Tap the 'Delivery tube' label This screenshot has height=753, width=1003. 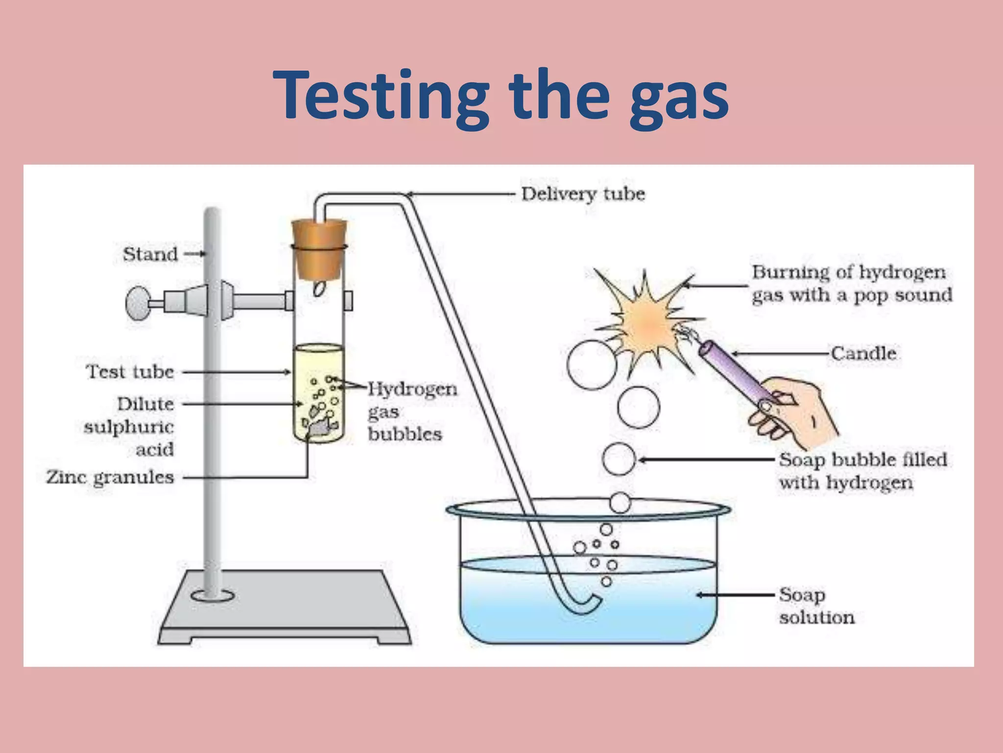pos(583,194)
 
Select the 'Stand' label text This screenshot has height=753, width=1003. pos(150,254)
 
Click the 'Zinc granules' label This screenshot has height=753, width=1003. pos(110,477)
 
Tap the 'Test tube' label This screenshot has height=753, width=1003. pos(130,372)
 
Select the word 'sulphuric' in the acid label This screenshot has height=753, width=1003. pos(129,427)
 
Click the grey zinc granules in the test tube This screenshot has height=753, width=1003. pos(321,428)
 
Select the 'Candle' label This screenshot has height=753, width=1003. pos(863,353)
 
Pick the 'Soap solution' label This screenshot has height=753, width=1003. pos(816,606)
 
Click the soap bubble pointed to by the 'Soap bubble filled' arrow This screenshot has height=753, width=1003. pos(619,459)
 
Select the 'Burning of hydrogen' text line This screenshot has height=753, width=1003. pos(848,272)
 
